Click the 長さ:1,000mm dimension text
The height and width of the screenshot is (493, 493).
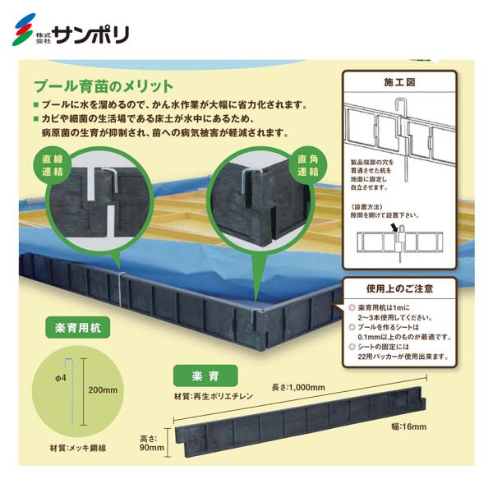(300, 387)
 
